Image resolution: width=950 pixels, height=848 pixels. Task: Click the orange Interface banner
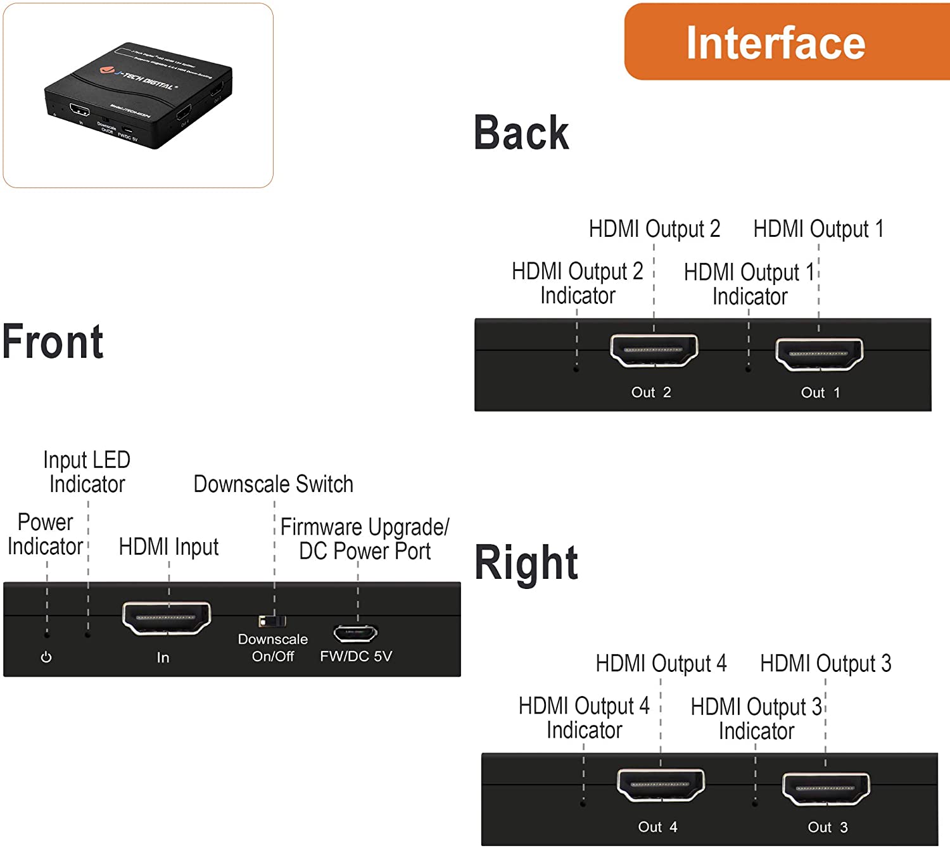(x=785, y=42)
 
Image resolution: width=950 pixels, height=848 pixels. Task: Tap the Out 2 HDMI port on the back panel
(x=654, y=350)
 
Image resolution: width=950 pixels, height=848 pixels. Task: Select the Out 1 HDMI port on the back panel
(x=819, y=353)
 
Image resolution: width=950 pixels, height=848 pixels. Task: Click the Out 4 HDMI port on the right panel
(x=661, y=785)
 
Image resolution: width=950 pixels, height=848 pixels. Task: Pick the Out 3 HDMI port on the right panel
(x=826, y=788)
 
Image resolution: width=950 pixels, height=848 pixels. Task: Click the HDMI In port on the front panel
(x=167, y=617)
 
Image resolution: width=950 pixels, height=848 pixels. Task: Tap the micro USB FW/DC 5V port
(x=355, y=633)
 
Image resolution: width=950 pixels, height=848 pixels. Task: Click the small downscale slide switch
(x=272, y=621)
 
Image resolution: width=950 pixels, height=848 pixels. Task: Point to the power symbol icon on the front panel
(x=46, y=657)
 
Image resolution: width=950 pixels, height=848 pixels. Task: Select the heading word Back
(x=521, y=133)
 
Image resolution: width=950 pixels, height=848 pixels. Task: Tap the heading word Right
(x=526, y=562)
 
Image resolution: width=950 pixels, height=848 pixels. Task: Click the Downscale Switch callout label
(x=273, y=484)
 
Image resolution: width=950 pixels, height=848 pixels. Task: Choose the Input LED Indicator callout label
(x=87, y=472)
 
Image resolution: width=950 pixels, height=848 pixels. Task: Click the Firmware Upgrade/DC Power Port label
(x=365, y=539)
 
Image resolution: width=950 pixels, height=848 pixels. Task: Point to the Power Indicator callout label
(x=45, y=535)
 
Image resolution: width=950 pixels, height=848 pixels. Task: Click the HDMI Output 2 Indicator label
(x=577, y=283)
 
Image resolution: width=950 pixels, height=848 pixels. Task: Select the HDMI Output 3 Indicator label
(x=756, y=718)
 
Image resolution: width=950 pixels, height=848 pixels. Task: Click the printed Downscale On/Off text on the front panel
(x=273, y=647)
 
